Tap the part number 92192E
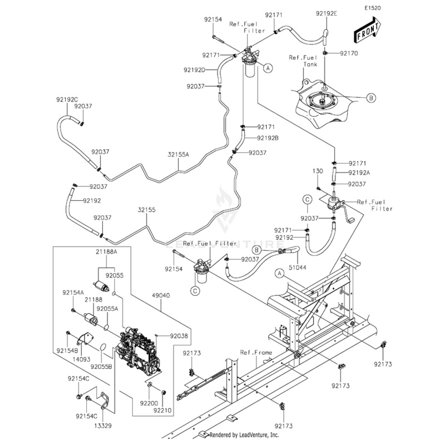tap(327, 14)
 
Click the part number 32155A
tap(179, 155)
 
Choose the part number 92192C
tap(67, 99)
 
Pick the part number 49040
tap(160, 296)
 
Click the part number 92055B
tap(102, 367)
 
